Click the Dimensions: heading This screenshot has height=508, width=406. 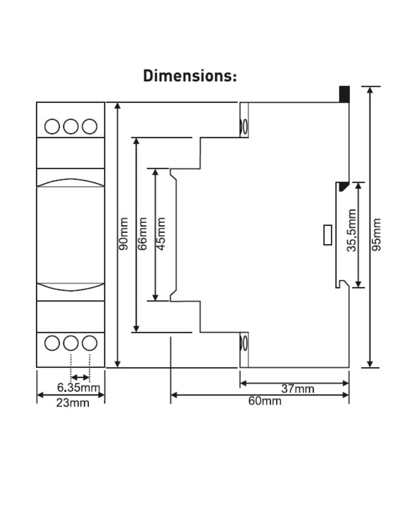point(190,76)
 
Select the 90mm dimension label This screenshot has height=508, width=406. point(123,233)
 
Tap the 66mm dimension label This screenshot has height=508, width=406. point(142,233)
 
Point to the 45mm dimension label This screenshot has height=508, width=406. point(161,233)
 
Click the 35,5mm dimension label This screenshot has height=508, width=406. point(351,230)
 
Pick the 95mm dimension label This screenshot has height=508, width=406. point(376,235)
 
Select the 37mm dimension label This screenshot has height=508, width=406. point(297,389)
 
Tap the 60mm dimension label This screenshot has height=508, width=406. point(265,401)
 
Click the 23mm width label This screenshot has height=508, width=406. point(73,403)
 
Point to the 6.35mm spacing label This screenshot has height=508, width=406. point(79,388)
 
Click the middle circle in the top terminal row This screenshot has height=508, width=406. point(71,126)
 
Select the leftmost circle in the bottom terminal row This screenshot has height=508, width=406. point(52,343)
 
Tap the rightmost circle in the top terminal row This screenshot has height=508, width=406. point(89,126)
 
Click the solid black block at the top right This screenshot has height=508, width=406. point(344,94)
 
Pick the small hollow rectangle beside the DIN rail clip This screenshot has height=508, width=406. point(327,235)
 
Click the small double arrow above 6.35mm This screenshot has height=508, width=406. point(80,377)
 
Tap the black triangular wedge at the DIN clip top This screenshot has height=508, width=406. point(344,187)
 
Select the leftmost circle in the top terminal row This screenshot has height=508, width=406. point(52,126)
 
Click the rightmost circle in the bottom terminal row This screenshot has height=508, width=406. point(89,343)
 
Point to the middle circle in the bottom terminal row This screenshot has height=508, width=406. point(71,343)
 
